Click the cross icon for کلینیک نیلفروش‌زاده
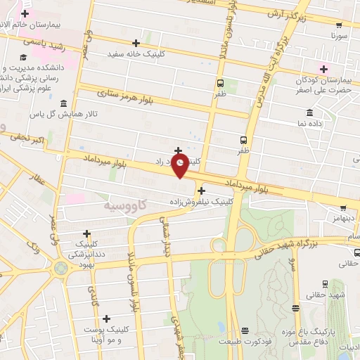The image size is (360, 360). click(201, 190)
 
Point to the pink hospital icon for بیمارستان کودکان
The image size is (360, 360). click(323, 68)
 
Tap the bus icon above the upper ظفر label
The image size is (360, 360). click(221, 82)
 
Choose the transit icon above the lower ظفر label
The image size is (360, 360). click(243, 139)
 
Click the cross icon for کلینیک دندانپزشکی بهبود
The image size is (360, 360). click(87, 233)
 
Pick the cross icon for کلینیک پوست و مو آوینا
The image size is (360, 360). click(107, 319)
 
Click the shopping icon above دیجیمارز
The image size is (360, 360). click(343, 208)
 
